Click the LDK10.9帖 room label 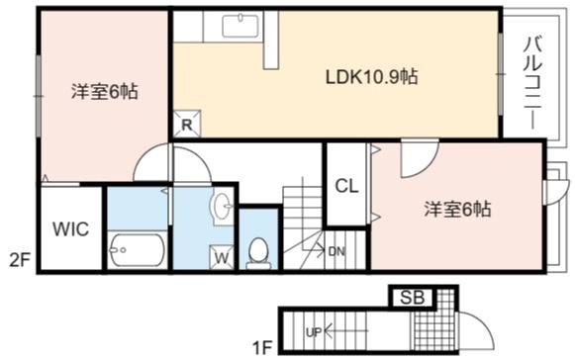(x=372, y=77)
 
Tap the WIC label (x=71, y=229)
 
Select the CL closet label (x=346, y=186)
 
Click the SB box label (x=412, y=298)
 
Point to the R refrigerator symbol (x=187, y=124)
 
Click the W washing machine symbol (x=222, y=257)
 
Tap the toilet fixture (x=259, y=253)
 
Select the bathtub (x=138, y=250)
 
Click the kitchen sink (x=240, y=24)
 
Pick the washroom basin (x=221, y=206)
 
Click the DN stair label (x=336, y=252)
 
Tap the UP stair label (x=314, y=332)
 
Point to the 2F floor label (x=20, y=262)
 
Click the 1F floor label (x=262, y=347)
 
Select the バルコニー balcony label (x=532, y=83)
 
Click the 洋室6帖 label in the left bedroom (x=105, y=92)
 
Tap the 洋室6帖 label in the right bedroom (x=457, y=210)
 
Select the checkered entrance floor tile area (x=434, y=320)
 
